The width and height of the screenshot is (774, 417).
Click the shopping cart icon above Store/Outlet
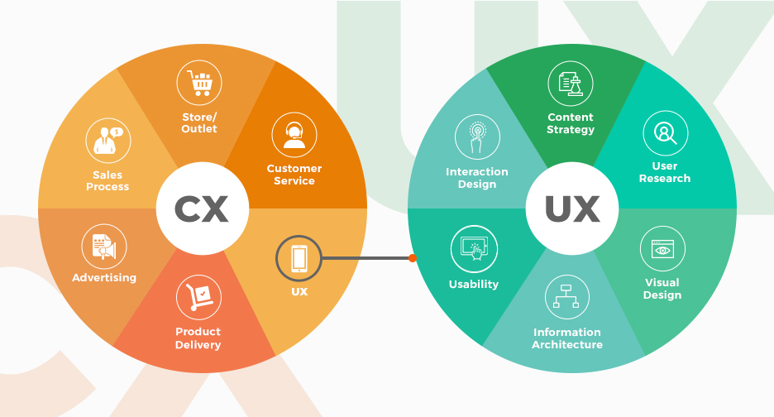(199, 83)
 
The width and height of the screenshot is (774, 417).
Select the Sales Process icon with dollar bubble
(107, 140)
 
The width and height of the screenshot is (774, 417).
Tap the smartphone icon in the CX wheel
(299, 258)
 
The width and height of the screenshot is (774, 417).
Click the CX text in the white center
(201, 208)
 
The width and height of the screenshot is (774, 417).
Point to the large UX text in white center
(571, 208)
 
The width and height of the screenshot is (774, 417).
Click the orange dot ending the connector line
(413, 258)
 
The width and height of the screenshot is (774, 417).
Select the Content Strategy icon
(571, 84)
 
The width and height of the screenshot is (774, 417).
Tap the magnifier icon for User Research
(665, 133)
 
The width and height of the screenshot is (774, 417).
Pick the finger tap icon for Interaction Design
(477, 137)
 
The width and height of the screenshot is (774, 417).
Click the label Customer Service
(294, 175)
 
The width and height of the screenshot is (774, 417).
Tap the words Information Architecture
(567, 338)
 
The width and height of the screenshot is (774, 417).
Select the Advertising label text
(104, 278)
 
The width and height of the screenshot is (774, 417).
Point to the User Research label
(665, 172)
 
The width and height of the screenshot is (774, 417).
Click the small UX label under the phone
(299, 292)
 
